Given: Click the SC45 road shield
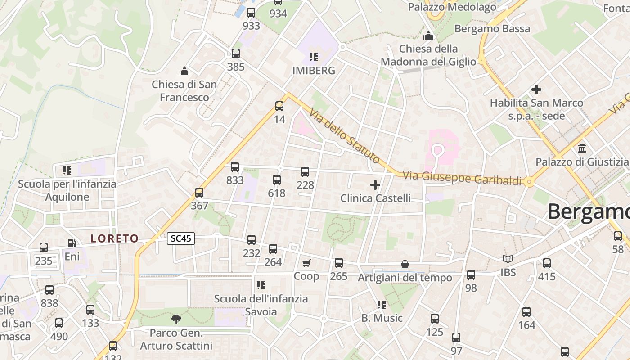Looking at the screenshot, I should [181, 238].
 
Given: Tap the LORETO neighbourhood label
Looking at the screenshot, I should [114, 238].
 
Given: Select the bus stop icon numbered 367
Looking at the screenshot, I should [199, 193].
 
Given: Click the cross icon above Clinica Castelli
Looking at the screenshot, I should [375, 184].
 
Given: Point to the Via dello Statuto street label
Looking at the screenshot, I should [345, 135].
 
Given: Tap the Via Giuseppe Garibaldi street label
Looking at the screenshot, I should [462, 178].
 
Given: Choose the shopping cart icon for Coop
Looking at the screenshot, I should [306, 263].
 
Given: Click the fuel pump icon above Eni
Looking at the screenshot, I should [72, 243].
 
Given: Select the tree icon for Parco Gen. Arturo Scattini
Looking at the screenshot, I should [176, 319].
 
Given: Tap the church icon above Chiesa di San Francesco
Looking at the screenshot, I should [184, 71].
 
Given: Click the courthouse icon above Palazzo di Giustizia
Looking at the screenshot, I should [582, 148].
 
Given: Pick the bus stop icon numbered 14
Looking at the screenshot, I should [279, 106].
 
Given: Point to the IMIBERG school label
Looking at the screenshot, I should [314, 71].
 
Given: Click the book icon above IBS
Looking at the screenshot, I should [508, 259].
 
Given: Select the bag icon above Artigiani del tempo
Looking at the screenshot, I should [405, 264].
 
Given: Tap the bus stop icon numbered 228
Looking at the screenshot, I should [305, 171].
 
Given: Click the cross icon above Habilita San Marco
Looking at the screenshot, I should [536, 89].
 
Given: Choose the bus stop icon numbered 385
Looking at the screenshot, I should [236, 54].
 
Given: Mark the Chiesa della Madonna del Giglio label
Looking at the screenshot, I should [428, 55].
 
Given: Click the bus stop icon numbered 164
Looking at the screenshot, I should [526, 311].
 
